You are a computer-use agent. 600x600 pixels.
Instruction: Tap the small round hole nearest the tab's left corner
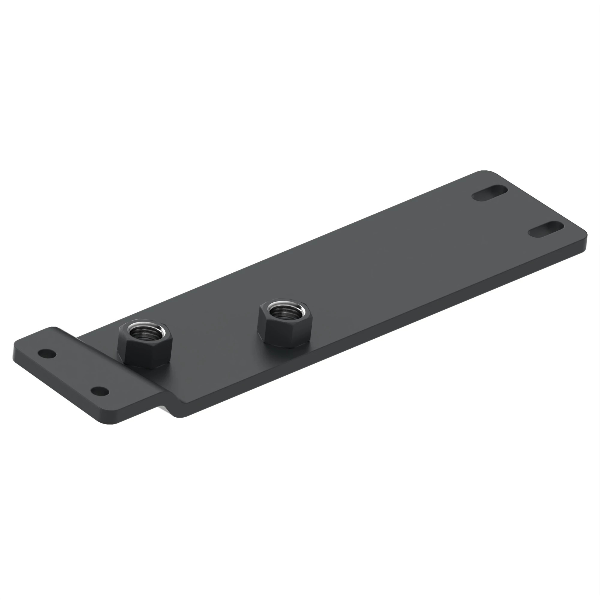(47, 353)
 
